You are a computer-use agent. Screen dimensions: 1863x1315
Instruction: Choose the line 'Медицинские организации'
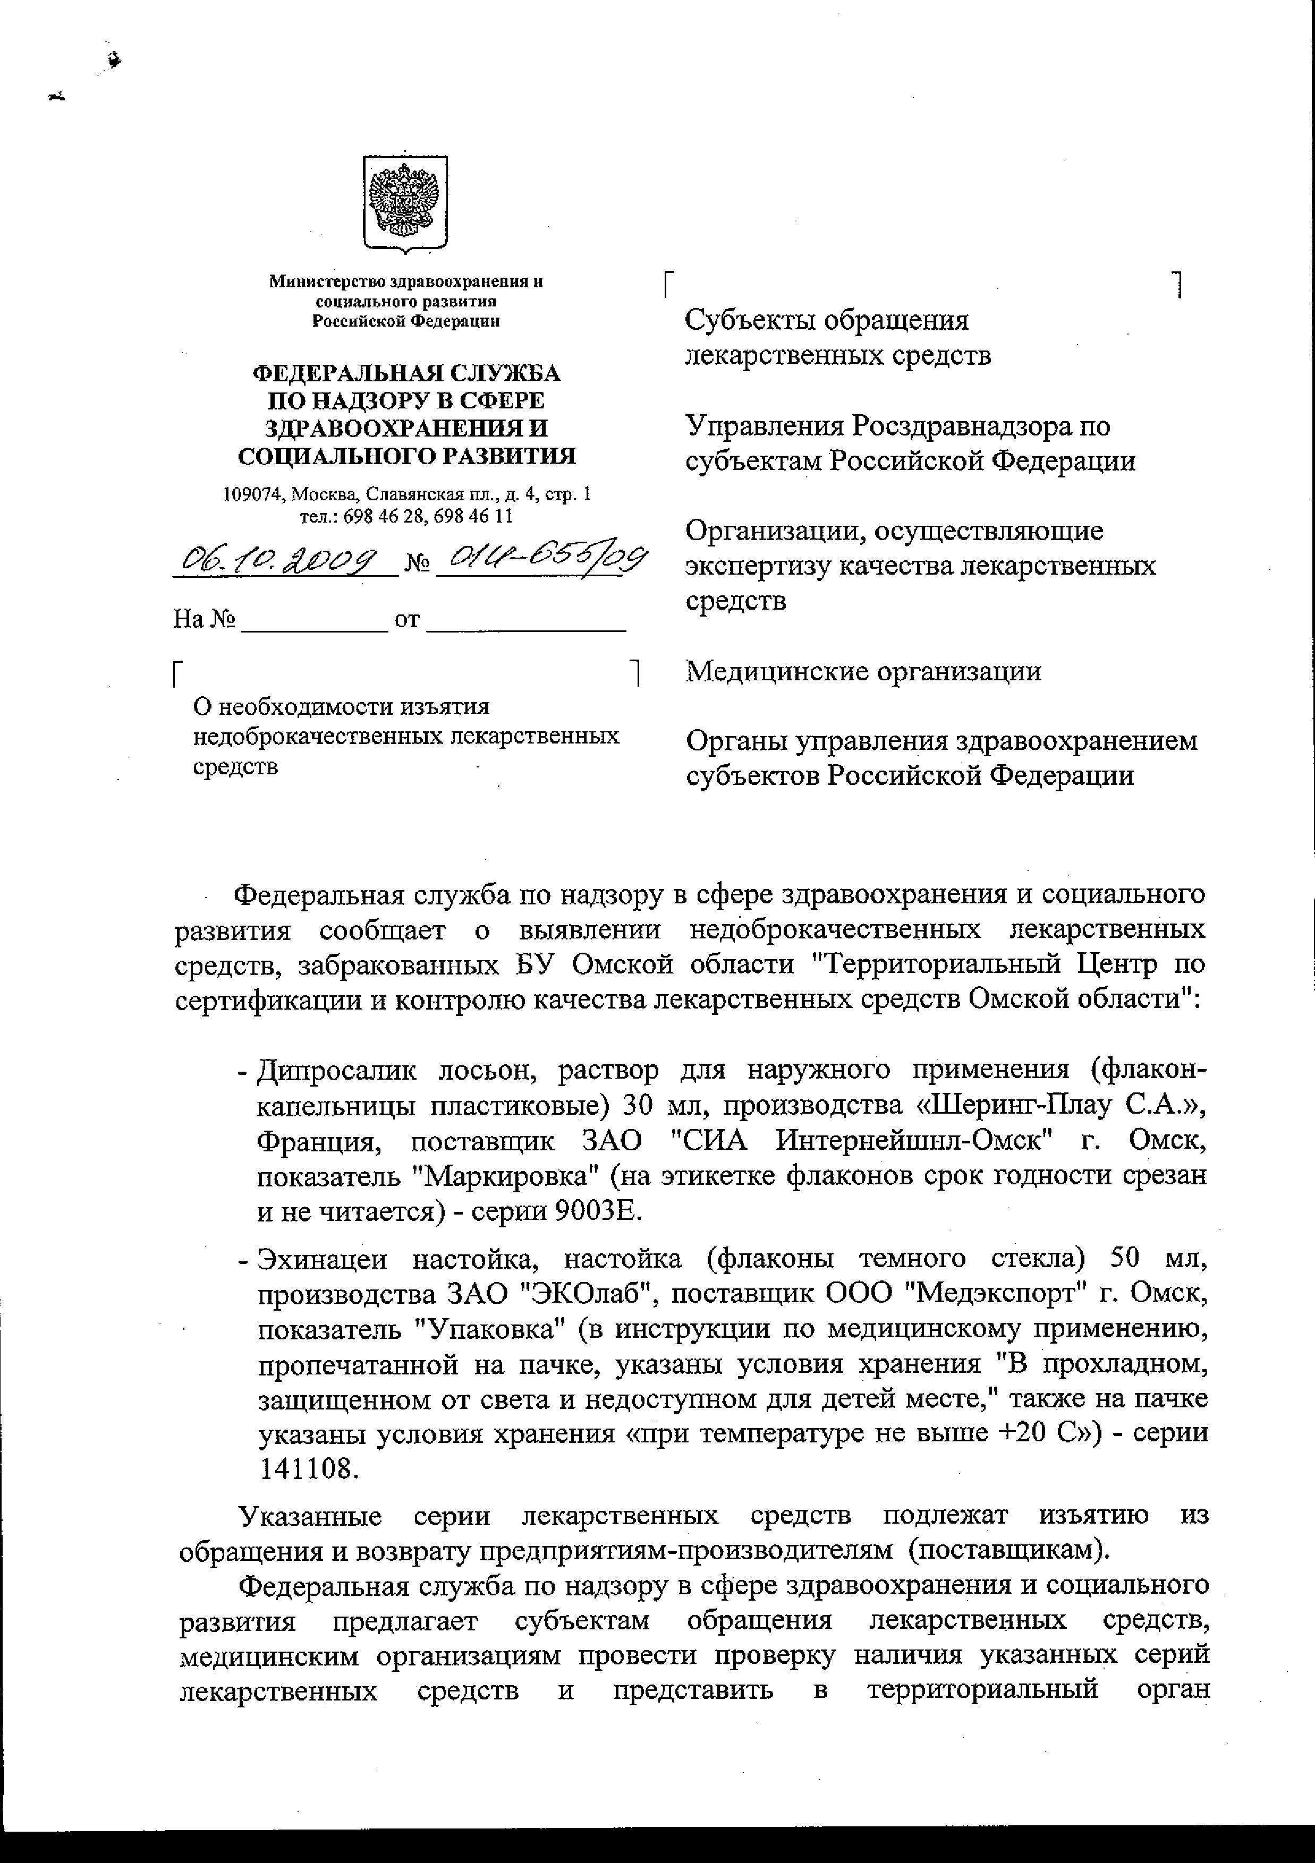click(863, 671)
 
